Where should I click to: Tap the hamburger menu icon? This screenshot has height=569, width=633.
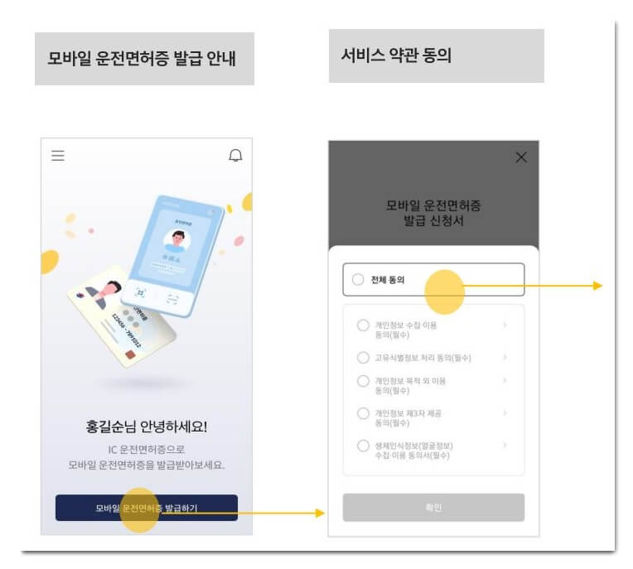point(58,156)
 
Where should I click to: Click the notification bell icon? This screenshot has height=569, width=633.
point(236,156)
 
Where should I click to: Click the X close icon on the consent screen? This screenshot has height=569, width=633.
point(521,157)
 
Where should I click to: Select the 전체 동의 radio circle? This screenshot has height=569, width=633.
point(358,280)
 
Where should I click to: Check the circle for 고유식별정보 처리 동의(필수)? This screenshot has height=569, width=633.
point(363,358)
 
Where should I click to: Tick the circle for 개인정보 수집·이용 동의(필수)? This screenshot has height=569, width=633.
point(363,325)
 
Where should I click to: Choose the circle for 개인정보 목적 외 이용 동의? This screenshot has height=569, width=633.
point(363,381)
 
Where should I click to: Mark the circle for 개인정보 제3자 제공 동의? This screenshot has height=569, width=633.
point(363,413)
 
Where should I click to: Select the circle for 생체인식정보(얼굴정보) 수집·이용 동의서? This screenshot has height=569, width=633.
point(363,446)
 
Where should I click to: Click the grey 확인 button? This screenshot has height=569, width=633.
point(433,508)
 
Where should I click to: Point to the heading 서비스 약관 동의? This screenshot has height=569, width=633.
point(396,56)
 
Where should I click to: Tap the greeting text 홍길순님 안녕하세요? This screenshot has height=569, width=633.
point(147,427)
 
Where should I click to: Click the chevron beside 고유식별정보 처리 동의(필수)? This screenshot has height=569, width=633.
point(505,358)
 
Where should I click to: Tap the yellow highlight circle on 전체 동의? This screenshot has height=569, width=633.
point(444,291)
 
